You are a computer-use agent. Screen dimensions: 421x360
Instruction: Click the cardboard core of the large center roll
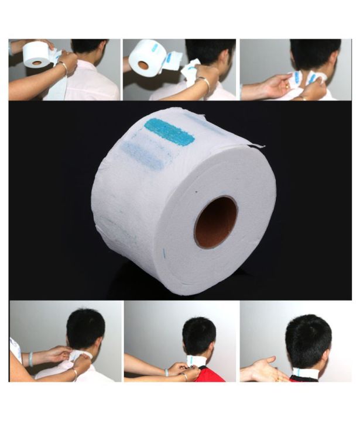click(215, 222)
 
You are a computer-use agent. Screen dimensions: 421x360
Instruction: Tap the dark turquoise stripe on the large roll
click(169, 132)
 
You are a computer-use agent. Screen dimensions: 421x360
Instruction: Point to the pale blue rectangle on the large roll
click(143, 155)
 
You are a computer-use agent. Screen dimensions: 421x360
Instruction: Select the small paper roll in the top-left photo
click(36, 54)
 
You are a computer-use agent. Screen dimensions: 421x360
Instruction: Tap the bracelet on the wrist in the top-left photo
click(63, 68)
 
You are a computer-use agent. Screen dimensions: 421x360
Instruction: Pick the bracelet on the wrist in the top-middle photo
click(204, 85)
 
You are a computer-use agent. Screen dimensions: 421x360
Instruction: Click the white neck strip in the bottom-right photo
click(305, 372)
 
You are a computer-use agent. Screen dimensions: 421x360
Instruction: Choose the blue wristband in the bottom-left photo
click(30, 358)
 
